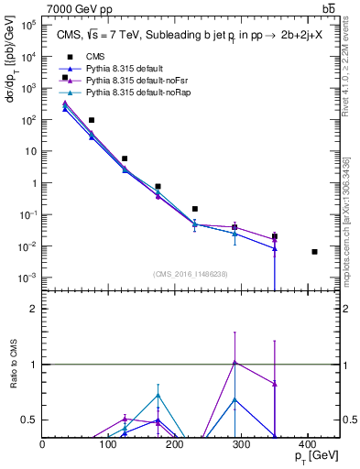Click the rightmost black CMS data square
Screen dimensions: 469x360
point(314,252)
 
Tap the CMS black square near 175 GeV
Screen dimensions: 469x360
point(158,186)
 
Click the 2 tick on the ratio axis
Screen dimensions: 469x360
point(35,309)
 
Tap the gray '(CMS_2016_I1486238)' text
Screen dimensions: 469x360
point(191,273)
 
